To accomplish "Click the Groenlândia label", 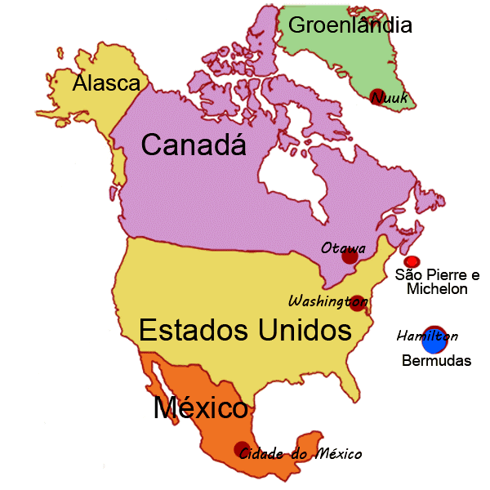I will [350, 25].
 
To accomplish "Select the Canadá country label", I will [194, 145].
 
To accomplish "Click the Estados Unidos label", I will [245, 331].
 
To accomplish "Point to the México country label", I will [200, 407].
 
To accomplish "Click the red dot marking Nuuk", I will [377, 95].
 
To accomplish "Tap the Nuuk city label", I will [389, 99].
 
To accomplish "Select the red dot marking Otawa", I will [350, 256].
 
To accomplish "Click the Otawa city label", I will [343, 247].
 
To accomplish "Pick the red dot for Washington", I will [357, 303].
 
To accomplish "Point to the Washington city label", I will [326, 300].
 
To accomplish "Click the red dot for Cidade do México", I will [242, 449].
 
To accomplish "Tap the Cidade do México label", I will [300, 453].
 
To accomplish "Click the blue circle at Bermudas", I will [434, 340].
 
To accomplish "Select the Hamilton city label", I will [427, 336].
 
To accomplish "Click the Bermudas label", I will [437, 360].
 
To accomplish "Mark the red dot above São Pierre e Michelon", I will [412, 261].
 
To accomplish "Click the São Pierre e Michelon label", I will [437, 282].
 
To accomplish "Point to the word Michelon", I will [437, 289].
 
